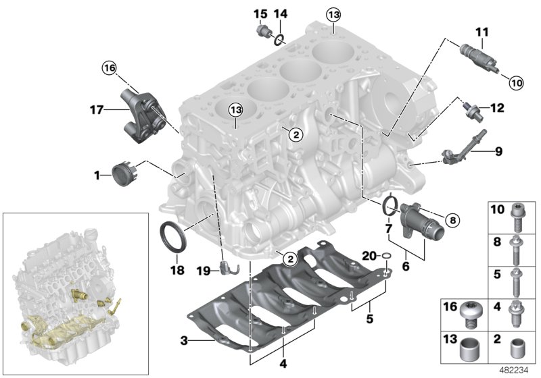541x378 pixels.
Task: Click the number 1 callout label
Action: click(97, 175)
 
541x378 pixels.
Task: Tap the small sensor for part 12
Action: click(471, 107)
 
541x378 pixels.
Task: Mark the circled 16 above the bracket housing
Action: click(110, 67)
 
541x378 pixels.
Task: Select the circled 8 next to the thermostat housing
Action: click(452, 219)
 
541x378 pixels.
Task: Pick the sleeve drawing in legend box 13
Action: click(469, 350)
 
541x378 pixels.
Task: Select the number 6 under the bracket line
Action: click(406, 267)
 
